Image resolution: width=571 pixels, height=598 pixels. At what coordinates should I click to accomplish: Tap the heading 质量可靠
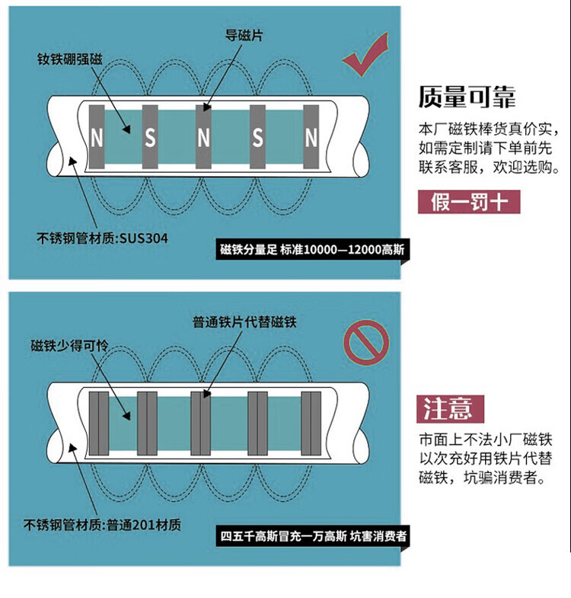(x=467, y=98)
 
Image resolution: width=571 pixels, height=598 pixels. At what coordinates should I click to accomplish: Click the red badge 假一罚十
(x=469, y=202)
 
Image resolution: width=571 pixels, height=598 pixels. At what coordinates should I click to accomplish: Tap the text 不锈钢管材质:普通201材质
(x=102, y=525)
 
